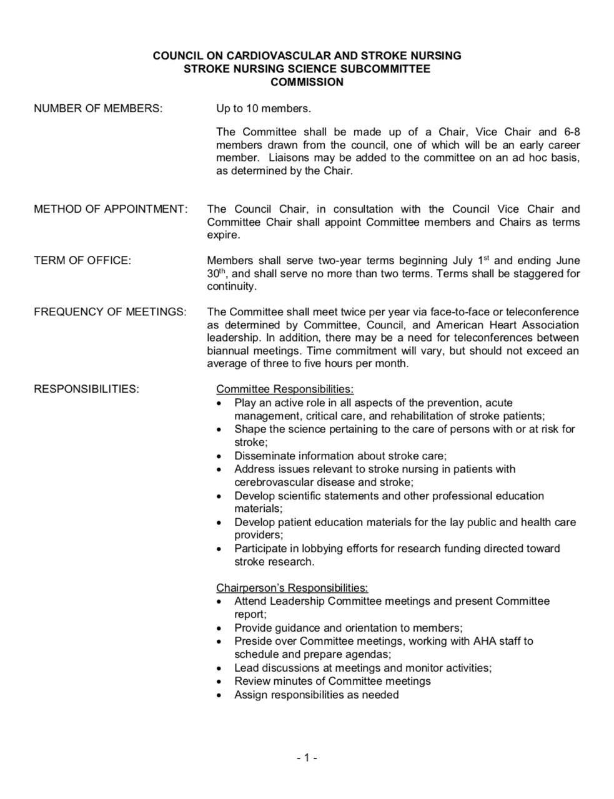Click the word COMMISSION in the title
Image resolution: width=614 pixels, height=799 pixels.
click(307, 82)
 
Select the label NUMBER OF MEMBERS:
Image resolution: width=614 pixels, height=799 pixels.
click(98, 109)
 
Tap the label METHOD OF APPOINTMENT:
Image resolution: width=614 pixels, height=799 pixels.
click(111, 209)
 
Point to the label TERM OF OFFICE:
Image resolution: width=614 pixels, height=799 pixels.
click(82, 261)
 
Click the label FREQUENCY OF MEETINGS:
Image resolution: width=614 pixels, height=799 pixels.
click(110, 311)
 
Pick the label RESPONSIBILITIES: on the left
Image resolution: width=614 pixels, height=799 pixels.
click(86, 389)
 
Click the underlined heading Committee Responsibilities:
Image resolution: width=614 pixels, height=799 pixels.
click(284, 390)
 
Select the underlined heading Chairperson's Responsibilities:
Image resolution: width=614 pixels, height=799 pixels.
click(292, 588)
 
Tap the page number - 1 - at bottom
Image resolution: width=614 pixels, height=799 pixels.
click(307, 758)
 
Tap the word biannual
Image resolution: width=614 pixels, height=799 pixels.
click(227, 350)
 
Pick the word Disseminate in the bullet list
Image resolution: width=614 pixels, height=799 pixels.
click(265, 456)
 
